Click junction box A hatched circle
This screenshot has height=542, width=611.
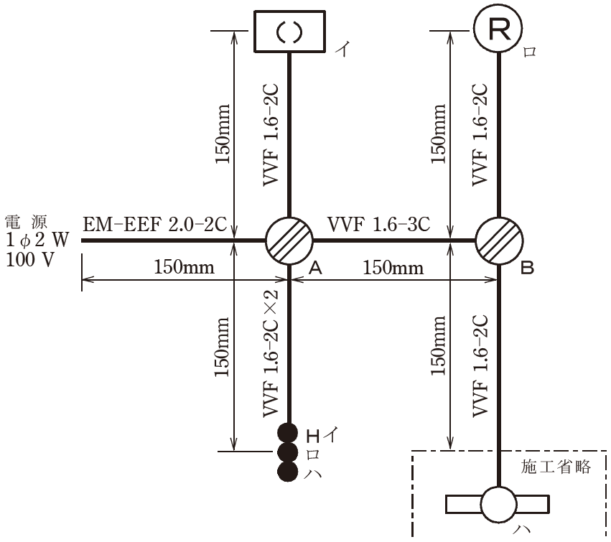click(289, 240)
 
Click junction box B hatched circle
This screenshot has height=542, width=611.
click(499, 240)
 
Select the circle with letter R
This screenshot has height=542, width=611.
click(498, 28)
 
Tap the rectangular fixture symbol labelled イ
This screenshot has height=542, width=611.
click(289, 32)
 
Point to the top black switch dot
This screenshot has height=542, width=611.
click(288, 433)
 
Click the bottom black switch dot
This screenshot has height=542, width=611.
click(288, 471)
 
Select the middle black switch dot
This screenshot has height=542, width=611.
click(288, 452)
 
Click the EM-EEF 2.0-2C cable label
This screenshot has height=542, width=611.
click(154, 225)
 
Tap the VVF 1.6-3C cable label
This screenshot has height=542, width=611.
click(379, 225)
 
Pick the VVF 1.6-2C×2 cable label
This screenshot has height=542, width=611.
click(271, 353)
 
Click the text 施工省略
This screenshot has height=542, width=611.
click(556, 467)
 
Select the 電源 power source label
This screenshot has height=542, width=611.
click(26, 222)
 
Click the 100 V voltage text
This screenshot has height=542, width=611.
click(30, 259)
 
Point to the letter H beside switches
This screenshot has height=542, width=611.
click(313, 436)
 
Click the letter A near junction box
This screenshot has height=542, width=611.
click(316, 268)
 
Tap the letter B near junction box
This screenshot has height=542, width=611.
click(527, 268)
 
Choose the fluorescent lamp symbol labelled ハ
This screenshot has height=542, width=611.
click(498, 505)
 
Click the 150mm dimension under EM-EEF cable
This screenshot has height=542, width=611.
click(184, 267)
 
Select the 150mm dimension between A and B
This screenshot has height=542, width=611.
click(393, 268)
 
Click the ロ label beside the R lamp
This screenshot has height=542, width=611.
click(530, 52)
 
